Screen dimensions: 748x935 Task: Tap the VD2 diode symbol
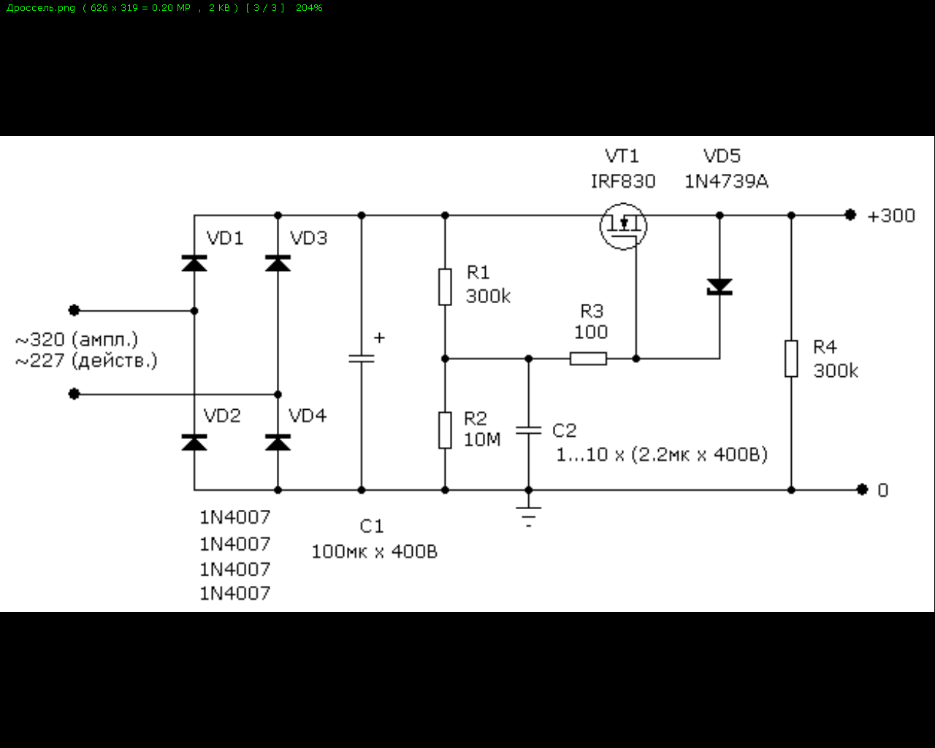[x=194, y=442]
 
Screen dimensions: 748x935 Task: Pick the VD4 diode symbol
[x=278, y=442]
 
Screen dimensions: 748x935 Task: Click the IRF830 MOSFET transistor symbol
[x=623, y=226]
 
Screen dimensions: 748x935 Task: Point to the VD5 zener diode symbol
[x=720, y=287]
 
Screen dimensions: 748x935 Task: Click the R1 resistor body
[x=445, y=286]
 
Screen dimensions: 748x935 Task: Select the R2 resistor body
[x=445, y=430]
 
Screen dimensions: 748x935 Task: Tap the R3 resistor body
[x=588, y=359]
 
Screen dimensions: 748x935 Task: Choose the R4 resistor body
[x=791, y=359]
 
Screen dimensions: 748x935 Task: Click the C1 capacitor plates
[x=361, y=359]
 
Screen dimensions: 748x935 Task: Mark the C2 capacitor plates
[x=529, y=430]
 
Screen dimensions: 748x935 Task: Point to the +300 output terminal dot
[x=850, y=215]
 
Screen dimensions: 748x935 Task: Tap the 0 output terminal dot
[x=863, y=489]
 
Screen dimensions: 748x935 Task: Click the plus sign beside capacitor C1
[x=379, y=338]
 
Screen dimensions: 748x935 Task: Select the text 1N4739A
[x=726, y=182]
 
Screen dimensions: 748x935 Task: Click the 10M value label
[x=482, y=440]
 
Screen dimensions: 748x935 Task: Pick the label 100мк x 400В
[x=374, y=552]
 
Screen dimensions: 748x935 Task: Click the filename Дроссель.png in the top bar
[x=41, y=8]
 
